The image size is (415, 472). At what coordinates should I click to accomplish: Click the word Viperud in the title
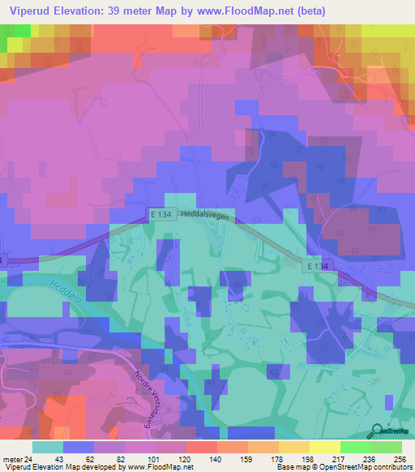coord(30,10)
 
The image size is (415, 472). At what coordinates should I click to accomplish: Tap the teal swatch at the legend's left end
coord(48,447)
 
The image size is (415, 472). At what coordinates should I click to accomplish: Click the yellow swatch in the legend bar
coord(324,447)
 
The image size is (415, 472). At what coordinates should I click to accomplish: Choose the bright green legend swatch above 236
coord(355,447)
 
